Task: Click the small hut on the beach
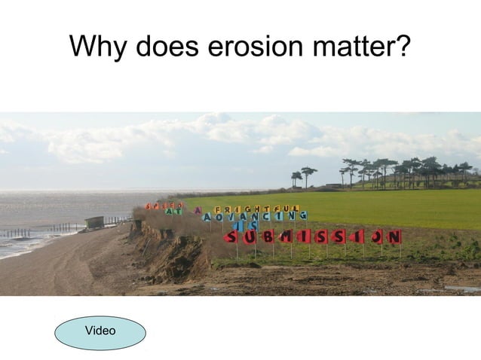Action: coord(95,222)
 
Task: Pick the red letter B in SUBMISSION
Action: coord(268,238)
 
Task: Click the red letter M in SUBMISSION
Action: coord(286,237)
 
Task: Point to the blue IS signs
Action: coord(249,225)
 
